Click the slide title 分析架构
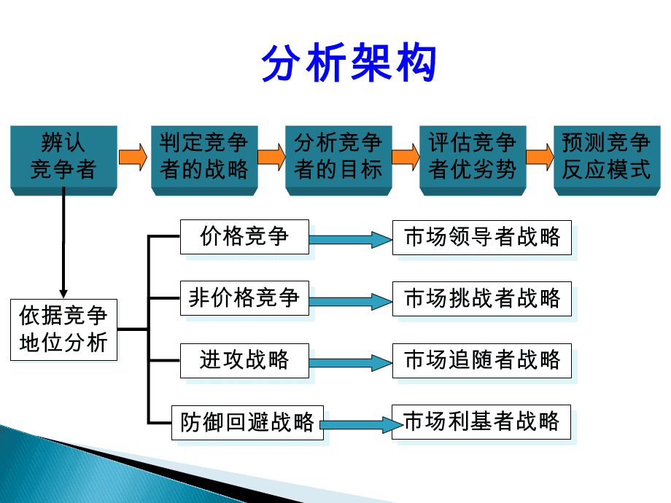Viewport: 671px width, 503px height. point(349,63)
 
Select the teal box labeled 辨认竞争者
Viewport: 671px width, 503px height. point(63,157)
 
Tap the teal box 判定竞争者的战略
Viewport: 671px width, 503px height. point(204,157)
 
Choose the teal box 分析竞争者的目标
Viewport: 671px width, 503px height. point(338,157)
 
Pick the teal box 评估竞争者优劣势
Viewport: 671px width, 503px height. point(473,157)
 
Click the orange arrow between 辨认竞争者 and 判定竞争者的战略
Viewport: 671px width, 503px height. point(132,157)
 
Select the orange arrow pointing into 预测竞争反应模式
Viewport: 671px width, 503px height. point(540,157)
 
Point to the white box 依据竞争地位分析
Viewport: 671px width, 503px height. point(63,330)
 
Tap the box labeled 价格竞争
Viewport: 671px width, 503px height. point(244,236)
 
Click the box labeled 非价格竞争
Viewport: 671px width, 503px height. point(244,298)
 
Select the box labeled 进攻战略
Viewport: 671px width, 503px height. point(244,359)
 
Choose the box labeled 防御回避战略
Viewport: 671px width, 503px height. point(247,422)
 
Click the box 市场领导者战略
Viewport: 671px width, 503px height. point(481,237)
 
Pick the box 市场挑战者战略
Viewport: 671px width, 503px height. point(481,298)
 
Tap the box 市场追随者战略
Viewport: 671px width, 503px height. point(481,360)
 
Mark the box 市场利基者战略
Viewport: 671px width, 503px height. point(481,422)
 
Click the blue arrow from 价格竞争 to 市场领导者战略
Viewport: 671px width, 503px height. point(350,240)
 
